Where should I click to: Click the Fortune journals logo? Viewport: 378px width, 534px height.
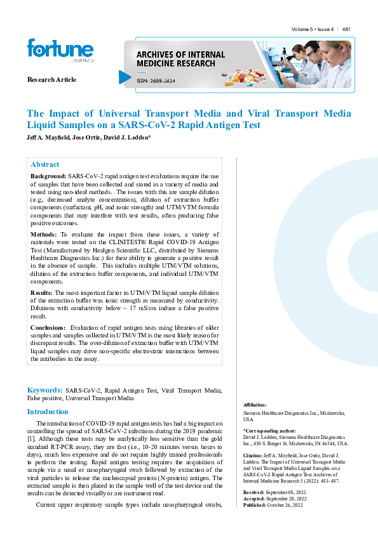pos(60,50)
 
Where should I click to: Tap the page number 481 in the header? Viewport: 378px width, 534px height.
pos(347,30)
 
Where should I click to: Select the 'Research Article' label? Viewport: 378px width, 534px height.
pos(51,79)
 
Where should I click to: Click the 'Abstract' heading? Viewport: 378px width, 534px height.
pos(44,164)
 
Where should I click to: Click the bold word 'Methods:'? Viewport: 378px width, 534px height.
pos(44,234)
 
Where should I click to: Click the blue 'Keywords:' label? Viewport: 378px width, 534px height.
pos(44,390)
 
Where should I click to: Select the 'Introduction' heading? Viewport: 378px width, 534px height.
pos(48,412)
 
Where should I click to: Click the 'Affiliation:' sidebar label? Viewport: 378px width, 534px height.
pos(255,404)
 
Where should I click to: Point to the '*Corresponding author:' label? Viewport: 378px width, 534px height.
pos(266,430)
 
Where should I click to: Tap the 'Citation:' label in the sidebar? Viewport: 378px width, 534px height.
pos(254,456)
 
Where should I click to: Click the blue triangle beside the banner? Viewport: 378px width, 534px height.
pos(125,77)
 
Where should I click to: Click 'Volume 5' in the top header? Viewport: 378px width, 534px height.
pos(304,30)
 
